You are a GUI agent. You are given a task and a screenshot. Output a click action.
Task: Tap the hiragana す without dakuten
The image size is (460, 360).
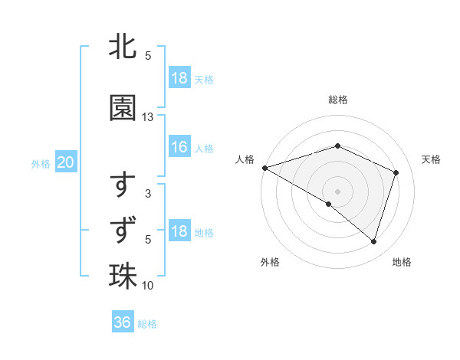pyautogui.click(x=123, y=186)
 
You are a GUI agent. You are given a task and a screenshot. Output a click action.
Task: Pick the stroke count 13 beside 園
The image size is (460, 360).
pyautogui.click(x=148, y=117)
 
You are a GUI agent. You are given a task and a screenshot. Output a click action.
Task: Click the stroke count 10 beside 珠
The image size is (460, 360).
pyautogui.click(x=148, y=286)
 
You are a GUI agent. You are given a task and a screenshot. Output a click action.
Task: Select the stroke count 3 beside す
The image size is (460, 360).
pyautogui.click(x=148, y=194)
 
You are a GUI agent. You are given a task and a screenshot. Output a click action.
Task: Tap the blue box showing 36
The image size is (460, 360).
pyautogui.click(x=123, y=322)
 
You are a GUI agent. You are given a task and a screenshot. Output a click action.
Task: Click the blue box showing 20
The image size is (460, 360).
pyautogui.click(x=65, y=162)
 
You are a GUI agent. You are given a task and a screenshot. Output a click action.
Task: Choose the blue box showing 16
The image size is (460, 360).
pyautogui.click(x=179, y=147)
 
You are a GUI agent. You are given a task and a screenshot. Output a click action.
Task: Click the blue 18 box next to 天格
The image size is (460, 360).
pyautogui.click(x=179, y=78)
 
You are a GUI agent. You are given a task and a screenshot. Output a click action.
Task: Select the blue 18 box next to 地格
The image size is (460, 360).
pyautogui.click(x=179, y=231)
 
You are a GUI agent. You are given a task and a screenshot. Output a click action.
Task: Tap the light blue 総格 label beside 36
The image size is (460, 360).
pyautogui.click(x=147, y=324)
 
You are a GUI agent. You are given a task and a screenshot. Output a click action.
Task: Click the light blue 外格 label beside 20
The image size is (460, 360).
pyautogui.click(x=41, y=163)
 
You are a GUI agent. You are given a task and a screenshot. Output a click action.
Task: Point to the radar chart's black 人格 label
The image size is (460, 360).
pyautogui.click(x=245, y=159)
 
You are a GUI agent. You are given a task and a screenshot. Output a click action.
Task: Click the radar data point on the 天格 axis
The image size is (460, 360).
pyautogui.click(x=396, y=172)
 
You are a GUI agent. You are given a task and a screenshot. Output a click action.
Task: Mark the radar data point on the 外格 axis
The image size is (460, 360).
pyautogui.click(x=329, y=205)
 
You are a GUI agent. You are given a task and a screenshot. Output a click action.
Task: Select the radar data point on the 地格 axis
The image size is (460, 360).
pyautogui.click(x=374, y=242)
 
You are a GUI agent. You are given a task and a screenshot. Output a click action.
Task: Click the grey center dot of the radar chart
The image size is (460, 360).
pyautogui.click(x=338, y=191)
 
